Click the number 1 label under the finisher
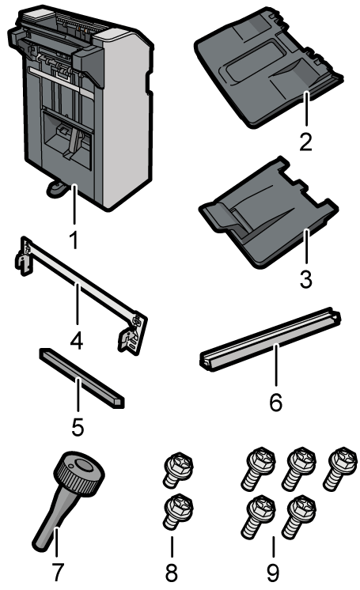pos(75,240)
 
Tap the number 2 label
pos(305,142)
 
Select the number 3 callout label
pos(305,279)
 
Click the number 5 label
pos(78,427)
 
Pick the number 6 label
pos(276,403)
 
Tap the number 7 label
pos(58,572)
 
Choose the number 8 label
pos(172,573)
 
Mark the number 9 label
pos(273,573)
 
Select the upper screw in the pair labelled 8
pos(179,470)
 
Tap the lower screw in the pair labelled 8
pos(179,512)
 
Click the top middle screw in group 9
pos(299,468)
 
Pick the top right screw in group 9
pos(340,468)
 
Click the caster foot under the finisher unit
pos(56,188)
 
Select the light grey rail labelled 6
pos(270,340)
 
